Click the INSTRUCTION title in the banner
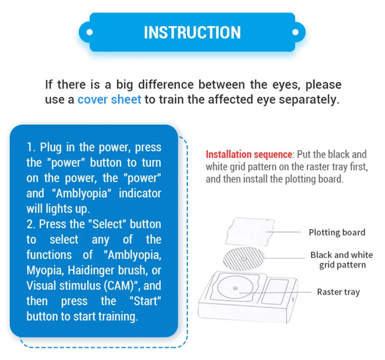point(192,32)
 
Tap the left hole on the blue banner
point(89,32)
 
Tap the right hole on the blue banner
point(295,32)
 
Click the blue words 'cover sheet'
point(109,100)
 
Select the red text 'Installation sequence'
point(249,154)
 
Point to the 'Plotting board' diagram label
point(337,232)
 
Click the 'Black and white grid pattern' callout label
point(341,260)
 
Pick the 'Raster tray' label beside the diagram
point(338,292)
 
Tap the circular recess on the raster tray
point(234,289)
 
